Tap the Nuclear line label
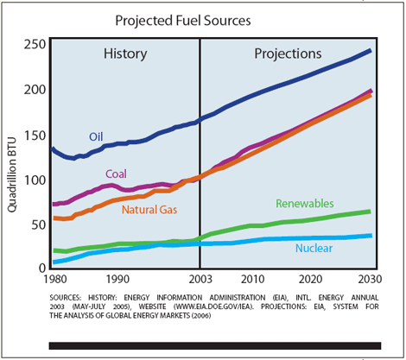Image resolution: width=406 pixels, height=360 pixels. coord(314,249)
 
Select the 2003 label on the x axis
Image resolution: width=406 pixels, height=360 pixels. coord(200,280)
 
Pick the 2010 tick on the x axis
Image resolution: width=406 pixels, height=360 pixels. coord(251,280)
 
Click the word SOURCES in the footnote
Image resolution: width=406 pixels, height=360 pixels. coord(72,295)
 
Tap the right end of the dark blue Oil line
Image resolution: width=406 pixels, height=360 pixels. coord(371,51)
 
